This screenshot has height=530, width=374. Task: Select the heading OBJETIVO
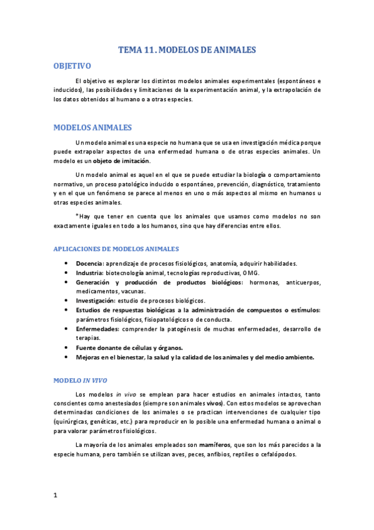73,66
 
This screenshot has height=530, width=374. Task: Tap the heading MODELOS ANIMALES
92,127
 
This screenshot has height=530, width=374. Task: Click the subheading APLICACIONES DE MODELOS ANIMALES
116,249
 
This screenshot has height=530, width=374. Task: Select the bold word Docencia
89,263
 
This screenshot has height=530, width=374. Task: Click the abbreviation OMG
252,272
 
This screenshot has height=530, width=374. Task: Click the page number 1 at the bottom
56,496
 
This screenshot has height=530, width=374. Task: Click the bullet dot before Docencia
66,264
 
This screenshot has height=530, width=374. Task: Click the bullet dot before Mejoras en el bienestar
66,357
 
